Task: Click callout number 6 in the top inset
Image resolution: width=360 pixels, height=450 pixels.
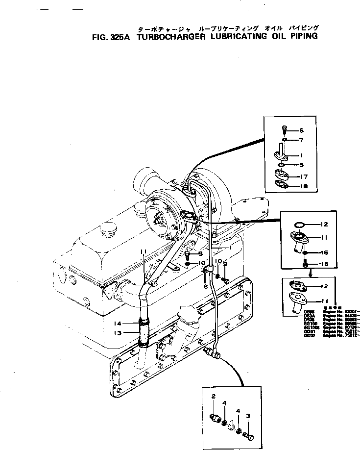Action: point(302,130)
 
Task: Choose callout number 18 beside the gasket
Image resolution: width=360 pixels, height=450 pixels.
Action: point(304,186)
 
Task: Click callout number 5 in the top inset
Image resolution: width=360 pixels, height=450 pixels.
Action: point(302,165)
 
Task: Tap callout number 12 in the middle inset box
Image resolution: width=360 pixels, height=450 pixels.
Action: point(324,225)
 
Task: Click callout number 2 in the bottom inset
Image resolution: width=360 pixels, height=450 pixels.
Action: point(214,396)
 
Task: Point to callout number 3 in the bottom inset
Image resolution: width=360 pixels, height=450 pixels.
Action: point(248,416)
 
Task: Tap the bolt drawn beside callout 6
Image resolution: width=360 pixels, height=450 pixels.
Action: point(285,130)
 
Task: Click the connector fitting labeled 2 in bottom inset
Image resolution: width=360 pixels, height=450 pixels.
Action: point(215,417)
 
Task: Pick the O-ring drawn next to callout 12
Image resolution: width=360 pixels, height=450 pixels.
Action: point(300,225)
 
